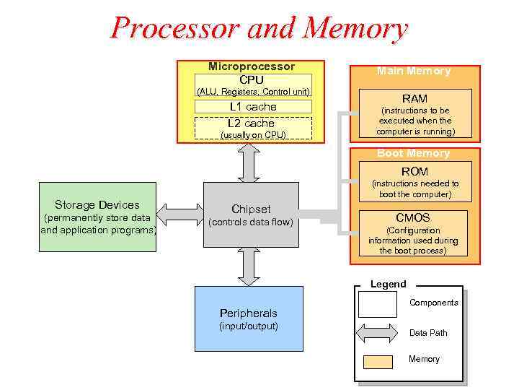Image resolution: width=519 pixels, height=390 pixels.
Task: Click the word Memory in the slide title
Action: tap(356, 28)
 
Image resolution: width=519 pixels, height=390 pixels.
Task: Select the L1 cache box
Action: tap(252, 107)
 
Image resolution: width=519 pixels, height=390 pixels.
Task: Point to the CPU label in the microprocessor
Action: tap(252, 79)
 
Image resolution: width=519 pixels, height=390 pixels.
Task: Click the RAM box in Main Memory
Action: tap(414, 113)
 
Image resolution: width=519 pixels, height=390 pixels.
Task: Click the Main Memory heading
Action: tap(414, 71)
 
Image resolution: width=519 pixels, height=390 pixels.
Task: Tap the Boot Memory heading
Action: tap(414, 153)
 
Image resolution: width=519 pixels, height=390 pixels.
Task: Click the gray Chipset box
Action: tap(251, 214)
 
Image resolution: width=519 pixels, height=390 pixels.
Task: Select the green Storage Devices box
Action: tap(97, 216)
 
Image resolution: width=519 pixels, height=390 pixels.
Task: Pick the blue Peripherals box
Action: tap(249, 318)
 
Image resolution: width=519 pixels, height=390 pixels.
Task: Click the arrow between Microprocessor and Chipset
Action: tap(249, 162)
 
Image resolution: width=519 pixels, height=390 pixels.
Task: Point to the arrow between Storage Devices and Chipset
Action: tap(180, 214)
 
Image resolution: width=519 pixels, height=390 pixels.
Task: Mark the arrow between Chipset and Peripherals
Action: tap(249, 266)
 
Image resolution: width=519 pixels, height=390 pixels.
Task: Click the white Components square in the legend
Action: tap(377, 304)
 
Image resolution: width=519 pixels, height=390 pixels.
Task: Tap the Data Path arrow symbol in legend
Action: tap(378, 334)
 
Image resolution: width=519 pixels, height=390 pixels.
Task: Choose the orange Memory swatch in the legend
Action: tap(378, 361)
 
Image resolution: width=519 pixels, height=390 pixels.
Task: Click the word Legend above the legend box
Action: tap(389, 285)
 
